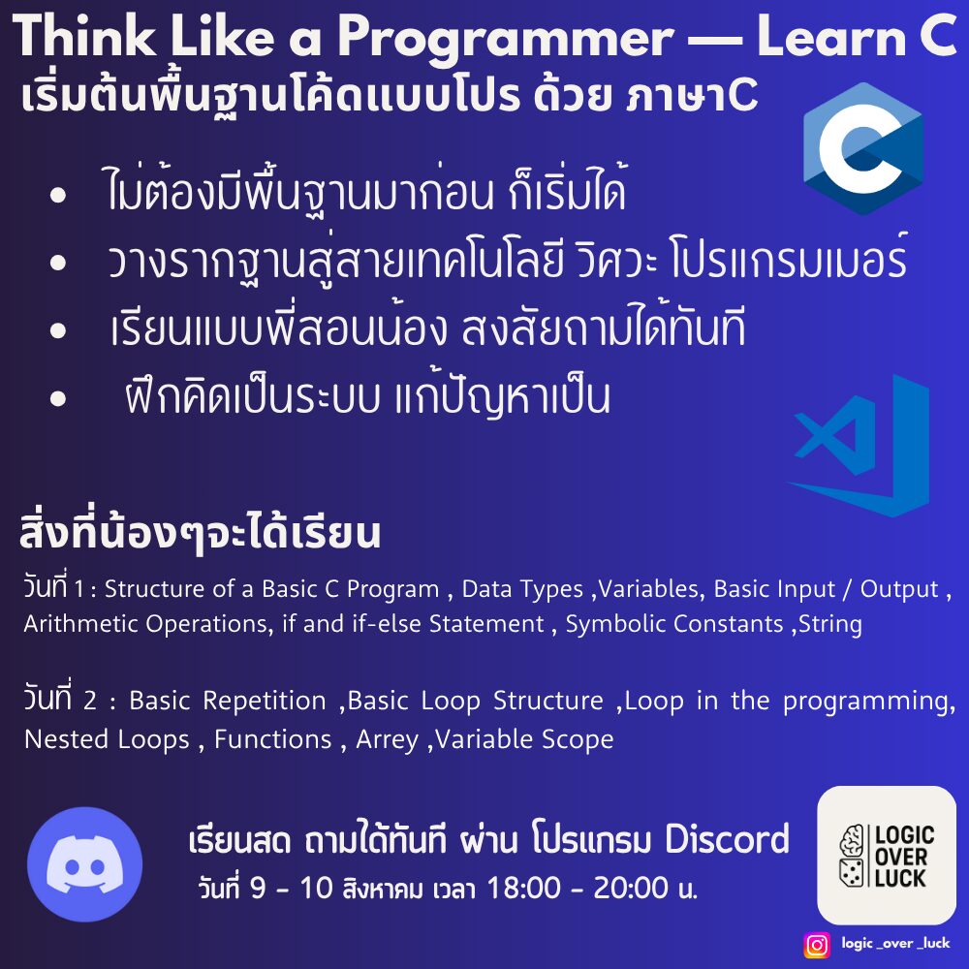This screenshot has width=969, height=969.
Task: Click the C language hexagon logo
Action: click(863, 148)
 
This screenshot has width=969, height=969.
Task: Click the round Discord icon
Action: click(84, 864)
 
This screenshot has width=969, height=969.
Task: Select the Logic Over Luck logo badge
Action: click(887, 856)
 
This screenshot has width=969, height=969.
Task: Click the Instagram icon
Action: click(816, 944)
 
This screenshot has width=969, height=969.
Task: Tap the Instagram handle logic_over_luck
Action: click(895, 943)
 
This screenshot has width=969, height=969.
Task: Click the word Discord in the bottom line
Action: click(727, 839)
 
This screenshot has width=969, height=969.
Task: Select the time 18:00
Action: click(524, 888)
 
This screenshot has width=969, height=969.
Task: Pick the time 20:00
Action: click(631, 888)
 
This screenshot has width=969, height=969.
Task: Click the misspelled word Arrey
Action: click(387, 740)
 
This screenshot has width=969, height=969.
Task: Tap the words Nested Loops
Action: click(107, 739)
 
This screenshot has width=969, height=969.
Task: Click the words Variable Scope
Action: click(524, 739)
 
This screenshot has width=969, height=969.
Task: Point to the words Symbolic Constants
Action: click(674, 623)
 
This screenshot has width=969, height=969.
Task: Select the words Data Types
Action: click(522, 589)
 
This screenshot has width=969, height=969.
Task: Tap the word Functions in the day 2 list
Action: click(273, 739)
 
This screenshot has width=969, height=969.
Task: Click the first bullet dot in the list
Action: click(58, 196)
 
